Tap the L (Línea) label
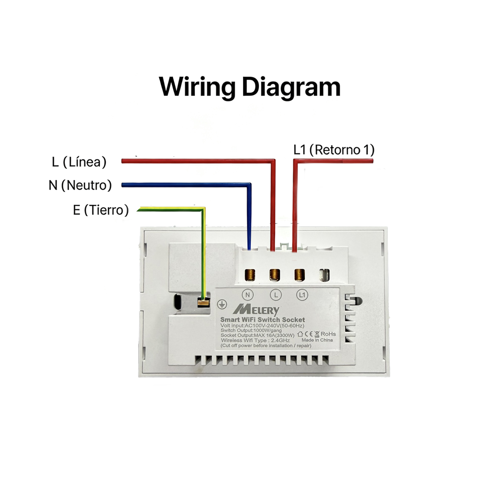click(x=79, y=162)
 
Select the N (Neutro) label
click(x=80, y=186)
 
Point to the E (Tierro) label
click(x=101, y=210)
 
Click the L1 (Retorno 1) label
click(x=334, y=150)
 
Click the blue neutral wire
click(x=249, y=185)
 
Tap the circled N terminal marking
click(x=247, y=295)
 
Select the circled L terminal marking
click(x=276, y=295)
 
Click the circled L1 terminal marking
click(x=302, y=295)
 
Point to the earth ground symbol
click(x=221, y=304)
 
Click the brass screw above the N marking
click(x=249, y=275)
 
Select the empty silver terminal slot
click(x=324, y=275)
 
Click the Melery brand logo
click(x=256, y=310)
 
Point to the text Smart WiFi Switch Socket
click(x=263, y=320)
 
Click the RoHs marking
click(x=328, y=334)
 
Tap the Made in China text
click(x=317, y=340)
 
